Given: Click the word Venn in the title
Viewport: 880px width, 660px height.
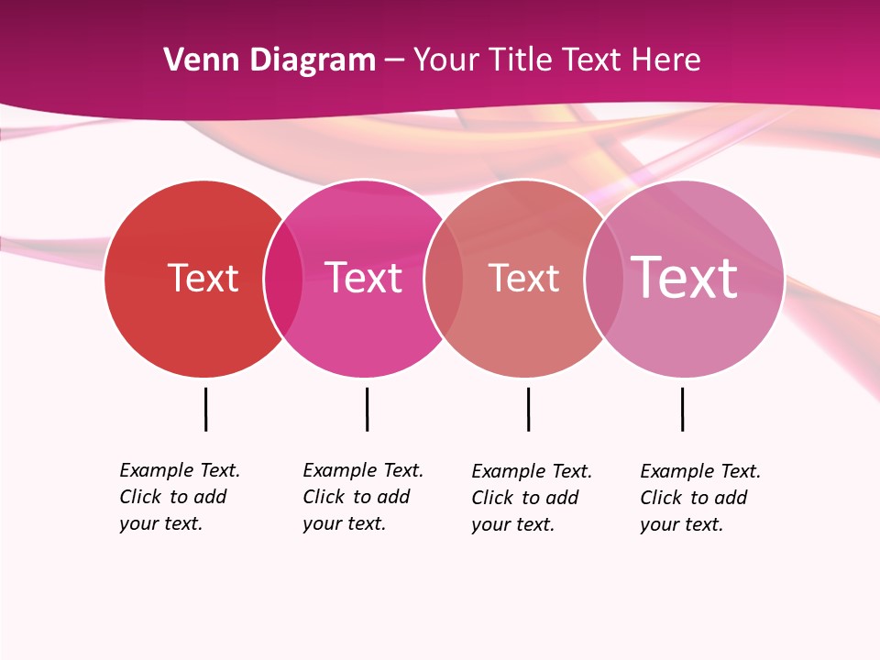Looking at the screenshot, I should click(x=201, y=60).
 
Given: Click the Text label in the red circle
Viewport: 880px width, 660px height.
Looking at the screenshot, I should click(x=203, y=278).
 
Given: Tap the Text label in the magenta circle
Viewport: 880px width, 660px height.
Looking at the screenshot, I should click(x=363, y=278).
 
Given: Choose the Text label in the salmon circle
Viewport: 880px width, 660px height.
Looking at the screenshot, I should click(x=523, y=278).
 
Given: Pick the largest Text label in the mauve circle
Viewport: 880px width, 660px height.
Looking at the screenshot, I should click(x=684, y=278).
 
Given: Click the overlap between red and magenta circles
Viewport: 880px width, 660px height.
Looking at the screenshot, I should click(x=283, y=279).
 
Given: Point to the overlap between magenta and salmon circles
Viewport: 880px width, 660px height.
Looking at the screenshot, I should click(x=444, y=279).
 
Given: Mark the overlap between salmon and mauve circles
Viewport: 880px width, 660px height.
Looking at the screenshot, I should click(x=603, y=279).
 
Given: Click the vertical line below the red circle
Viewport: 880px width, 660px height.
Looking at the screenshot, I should click(x=205, y=409).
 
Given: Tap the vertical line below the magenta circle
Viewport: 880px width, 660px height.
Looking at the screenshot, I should click(x=367, y=409).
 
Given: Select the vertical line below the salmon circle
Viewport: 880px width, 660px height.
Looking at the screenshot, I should click(x=528, y=409).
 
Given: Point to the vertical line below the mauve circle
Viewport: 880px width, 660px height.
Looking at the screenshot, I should click(x=682, y=409).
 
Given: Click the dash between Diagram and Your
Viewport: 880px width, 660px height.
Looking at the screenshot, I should click(x=394, y=61).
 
